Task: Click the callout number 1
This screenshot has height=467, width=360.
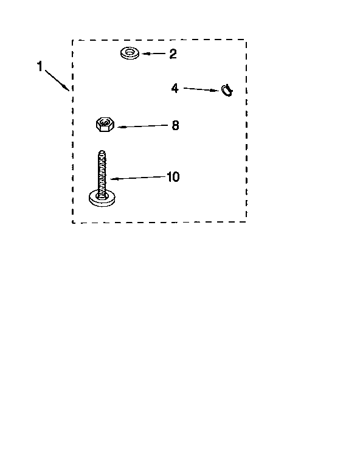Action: coord(40,66)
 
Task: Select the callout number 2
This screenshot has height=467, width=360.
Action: coord(173,54)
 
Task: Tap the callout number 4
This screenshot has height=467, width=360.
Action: coord(175,88)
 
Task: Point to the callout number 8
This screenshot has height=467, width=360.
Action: coord(175,125)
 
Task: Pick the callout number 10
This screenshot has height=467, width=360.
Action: coord(173,177)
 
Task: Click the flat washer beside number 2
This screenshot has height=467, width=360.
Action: coord(130,54)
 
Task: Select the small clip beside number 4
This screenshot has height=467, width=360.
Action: coord(227,90)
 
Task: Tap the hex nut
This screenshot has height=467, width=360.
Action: coord(105,125)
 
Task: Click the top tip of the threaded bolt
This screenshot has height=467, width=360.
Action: coord(102,151)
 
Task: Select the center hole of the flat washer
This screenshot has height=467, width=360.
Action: coord(130,52)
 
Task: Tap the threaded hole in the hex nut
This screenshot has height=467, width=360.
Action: coord(104,122)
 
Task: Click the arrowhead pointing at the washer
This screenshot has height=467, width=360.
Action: coord(145,54)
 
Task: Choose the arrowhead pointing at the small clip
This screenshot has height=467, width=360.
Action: coord(216,90)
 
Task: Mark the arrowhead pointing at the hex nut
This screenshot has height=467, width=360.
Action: coord(120,127)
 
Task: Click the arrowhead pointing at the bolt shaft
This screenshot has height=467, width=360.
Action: coord(114,179)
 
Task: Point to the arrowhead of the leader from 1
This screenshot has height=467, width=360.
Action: coord(66,88)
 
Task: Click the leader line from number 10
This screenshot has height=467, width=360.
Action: coord(138,178)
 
